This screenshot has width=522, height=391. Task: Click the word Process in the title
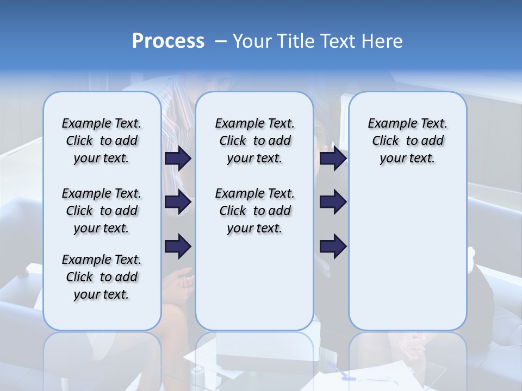168,41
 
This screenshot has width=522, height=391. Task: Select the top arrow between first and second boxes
178,159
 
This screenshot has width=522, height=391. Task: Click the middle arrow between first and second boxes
178,203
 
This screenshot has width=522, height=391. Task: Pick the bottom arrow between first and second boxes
178,247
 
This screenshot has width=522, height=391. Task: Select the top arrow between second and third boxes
333,159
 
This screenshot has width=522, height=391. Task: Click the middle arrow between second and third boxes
333,203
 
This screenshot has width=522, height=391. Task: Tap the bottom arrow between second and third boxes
333,247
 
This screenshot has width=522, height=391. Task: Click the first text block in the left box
102,141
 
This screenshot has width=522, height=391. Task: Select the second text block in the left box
102,211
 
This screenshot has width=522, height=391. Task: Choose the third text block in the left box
102,277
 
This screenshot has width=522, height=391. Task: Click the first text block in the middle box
254,141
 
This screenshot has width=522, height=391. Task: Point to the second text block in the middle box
254,211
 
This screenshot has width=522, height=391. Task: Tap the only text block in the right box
407,141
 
